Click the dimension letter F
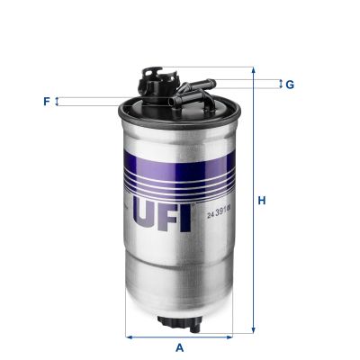click(46, 102)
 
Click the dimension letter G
click(289, 85)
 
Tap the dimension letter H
click(262, 201)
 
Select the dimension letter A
click(179, 347)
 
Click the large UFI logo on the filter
click(162, 213)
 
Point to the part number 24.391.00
click(219, 213)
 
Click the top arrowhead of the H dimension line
click(253, 70)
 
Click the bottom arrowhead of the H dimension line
click(253, 331)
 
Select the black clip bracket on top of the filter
click(155, 80)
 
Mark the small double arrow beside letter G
click(278, 85)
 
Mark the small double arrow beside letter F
click(58, 102)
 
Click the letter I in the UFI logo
click(185, 213)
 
